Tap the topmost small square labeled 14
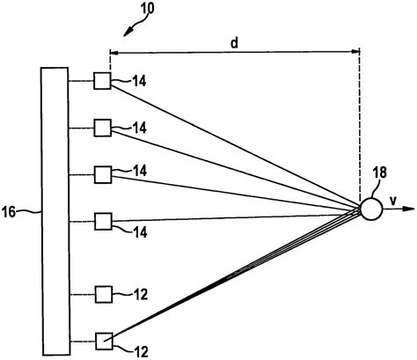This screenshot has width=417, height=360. pyautogui.click(x=102, y=83)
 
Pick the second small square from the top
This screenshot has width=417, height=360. pyautogui.click(x=102, y=128)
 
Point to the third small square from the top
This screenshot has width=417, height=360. pyautogui.click(x=102, y=172)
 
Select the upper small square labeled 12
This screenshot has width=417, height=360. pyautogui.click(x=102, y=293)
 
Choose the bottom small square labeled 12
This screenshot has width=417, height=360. pyautogui.click(x=102, y=339)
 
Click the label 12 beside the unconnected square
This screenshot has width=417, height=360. pyautogui.click(x=141, y=296)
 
